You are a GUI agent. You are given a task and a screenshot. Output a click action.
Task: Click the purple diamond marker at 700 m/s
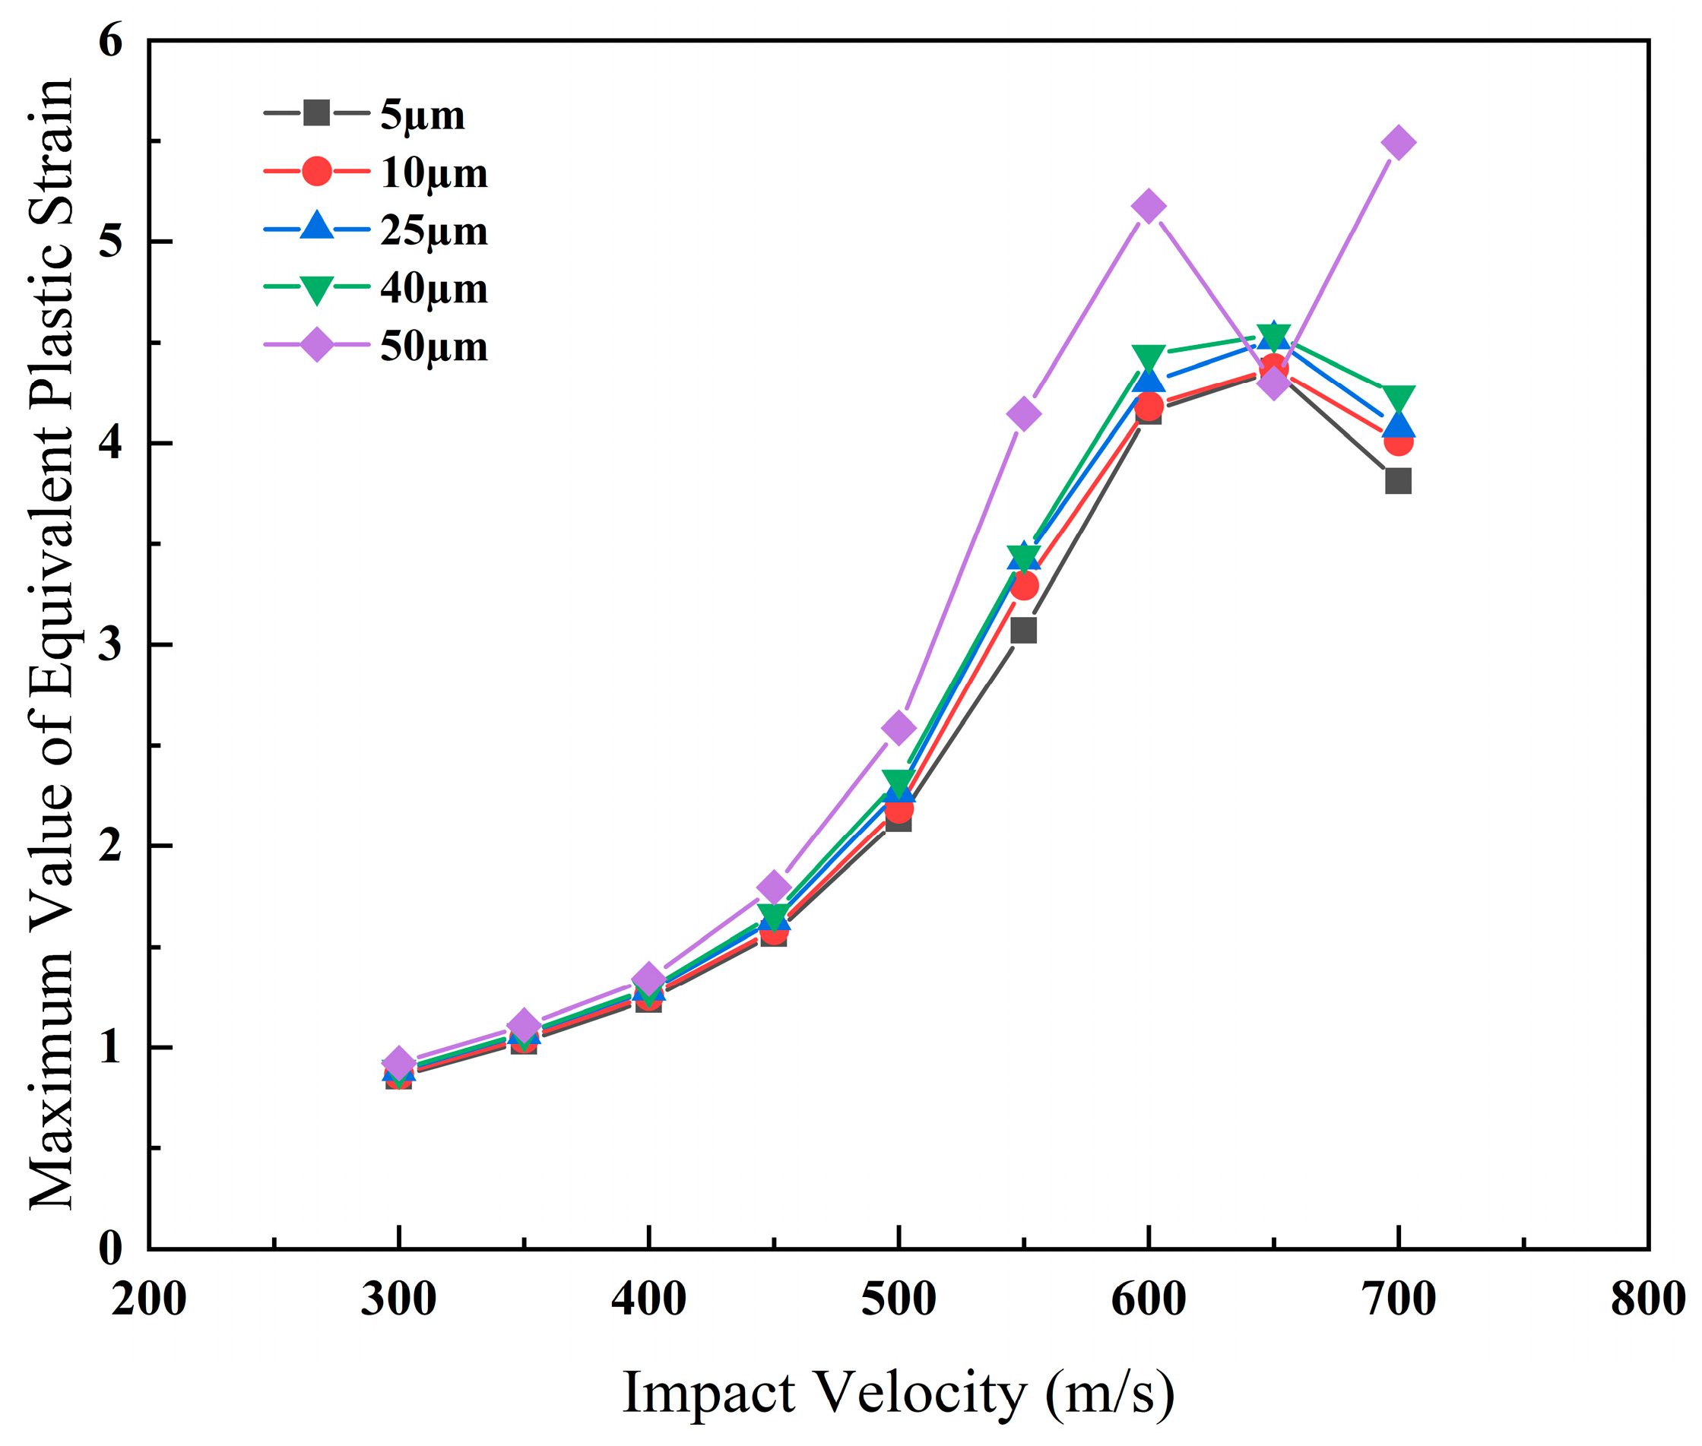coord(1398,143)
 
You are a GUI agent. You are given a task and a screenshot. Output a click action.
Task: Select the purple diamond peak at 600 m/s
coord(1148,206)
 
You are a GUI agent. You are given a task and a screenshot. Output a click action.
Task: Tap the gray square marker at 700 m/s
coord(1398,481)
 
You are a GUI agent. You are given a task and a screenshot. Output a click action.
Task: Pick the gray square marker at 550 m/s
coord(1023,631)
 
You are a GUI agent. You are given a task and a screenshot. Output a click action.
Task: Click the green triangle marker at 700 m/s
coord(1398,397)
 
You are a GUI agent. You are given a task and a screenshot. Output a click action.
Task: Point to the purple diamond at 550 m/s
coord(1023,414)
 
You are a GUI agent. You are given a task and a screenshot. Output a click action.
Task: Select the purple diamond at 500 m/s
coord(899,728)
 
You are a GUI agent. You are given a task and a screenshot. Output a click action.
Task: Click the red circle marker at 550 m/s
coord(1024,586)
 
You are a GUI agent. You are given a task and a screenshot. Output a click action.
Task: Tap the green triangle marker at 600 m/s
coord(1148,356)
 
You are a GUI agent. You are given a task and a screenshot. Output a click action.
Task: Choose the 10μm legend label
coord(433,173)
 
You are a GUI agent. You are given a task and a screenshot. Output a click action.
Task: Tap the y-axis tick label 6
coord(111,41)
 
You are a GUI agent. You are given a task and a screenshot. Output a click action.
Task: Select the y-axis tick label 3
coord(111,644)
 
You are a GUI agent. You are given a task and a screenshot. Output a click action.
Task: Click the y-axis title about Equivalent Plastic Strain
coord(51,644)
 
